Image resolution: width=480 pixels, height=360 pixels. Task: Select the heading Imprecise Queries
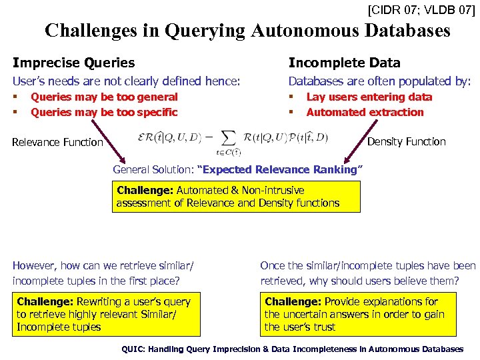(x=73, y=63)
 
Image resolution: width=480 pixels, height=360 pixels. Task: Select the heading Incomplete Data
(x=344, y=63)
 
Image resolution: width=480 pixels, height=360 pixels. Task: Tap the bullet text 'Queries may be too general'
(x=104, y=97)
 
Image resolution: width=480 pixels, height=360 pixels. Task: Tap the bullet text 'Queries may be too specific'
(x=104, y=112)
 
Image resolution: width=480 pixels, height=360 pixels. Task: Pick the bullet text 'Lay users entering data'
(x=369, y=97)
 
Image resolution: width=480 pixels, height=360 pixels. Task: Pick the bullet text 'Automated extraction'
(x=365, y=112)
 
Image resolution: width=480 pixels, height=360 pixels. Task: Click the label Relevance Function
(x=57, y=142)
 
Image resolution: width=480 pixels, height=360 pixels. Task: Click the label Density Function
(x=407, y=141)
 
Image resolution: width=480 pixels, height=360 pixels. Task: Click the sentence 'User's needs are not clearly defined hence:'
(x=126, y=81)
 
